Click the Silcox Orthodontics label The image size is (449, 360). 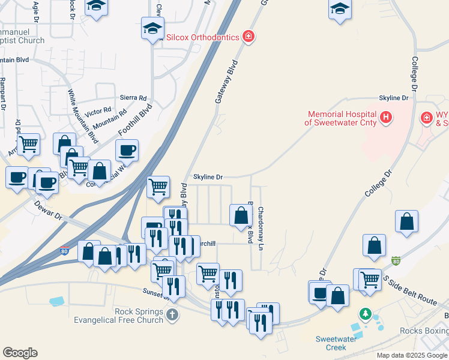[x=202, y=37]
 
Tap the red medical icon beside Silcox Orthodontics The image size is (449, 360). [x=248, y=37]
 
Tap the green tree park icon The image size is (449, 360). [x=364, y=314]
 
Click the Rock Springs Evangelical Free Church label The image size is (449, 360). [x=118, y=316]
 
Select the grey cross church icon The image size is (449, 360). [x=172, y=314]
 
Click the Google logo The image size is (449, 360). [x=20, y=353]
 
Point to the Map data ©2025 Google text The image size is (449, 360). [x=411, y=355]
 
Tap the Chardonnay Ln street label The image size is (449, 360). [x=261, y=229]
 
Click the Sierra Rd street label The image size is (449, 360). [x=133, y=98]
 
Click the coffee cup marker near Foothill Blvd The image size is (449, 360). [x=127, y=151]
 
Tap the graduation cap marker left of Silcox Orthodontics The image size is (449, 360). [x=152, y=28]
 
